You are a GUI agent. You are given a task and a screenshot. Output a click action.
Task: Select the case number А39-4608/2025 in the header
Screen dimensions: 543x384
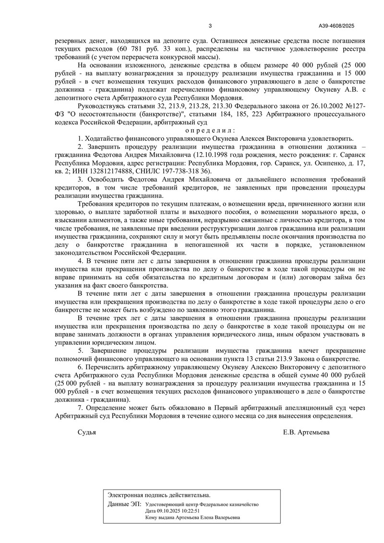[336, 26]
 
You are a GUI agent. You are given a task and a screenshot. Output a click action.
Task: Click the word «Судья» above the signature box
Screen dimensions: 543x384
[87, 432]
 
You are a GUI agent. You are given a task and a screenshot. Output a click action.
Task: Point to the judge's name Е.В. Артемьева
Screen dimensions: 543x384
[306, 432]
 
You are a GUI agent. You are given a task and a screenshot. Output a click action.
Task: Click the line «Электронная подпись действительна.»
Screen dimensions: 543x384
[158, 495]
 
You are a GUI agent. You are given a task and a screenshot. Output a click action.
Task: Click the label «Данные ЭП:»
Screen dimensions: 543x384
[125, 504]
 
